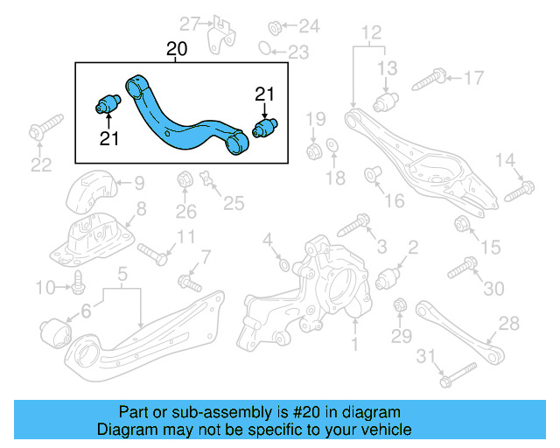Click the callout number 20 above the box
point(177,50)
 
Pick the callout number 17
point(472,79)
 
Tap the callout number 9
point(139,184)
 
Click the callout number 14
point(505,159)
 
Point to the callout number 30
point(494,289)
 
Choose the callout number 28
point(508,325)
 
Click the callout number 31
point(426,355)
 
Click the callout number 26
point(185,210)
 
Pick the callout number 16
point(394,201)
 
